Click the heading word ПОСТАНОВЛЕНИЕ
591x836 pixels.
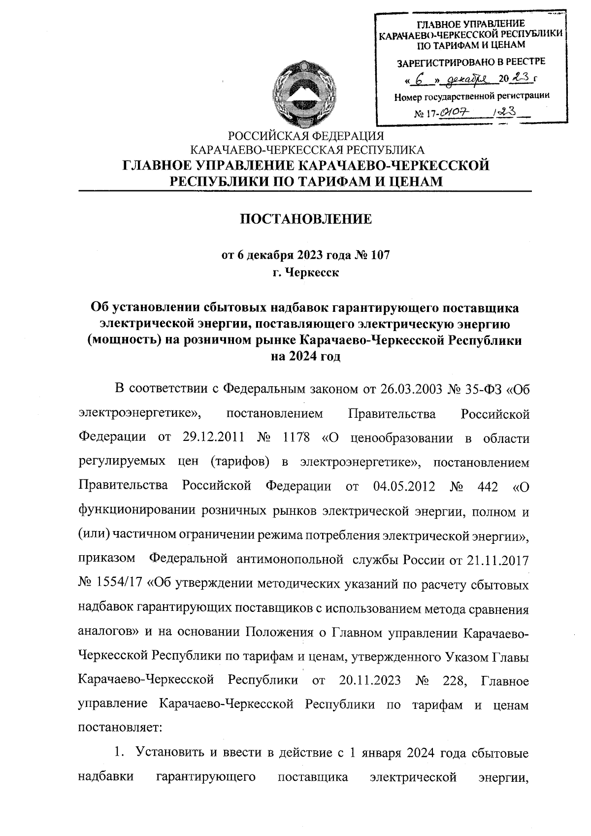306,219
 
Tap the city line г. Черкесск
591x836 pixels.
306,272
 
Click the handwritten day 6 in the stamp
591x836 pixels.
419,79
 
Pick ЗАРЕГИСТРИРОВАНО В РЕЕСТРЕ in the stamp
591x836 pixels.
471,63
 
